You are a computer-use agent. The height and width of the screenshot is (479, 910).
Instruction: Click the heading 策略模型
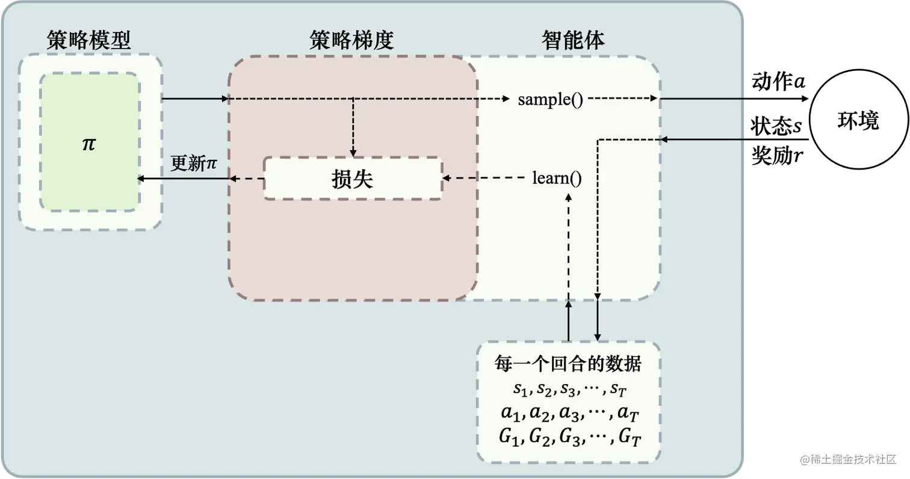(x=89, y=40)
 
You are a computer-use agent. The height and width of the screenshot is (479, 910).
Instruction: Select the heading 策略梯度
(x=351, y=40)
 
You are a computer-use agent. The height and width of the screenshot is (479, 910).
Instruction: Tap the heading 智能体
(x=573, y=40)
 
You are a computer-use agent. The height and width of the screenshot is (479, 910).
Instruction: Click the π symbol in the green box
(x=89, y=144)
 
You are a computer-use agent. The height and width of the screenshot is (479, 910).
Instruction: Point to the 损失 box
(x=353, y=178)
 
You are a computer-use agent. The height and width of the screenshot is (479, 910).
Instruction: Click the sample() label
(x=550, y=100)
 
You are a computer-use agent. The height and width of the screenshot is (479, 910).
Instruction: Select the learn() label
(x=557, y=178)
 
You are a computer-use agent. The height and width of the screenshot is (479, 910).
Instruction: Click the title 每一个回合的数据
(x=568, y=364)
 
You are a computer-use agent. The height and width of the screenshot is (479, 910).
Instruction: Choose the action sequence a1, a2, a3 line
(x=568, y=414)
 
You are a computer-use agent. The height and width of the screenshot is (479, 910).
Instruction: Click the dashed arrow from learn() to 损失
(x=487, y=178)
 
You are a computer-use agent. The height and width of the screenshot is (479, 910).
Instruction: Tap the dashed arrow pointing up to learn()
(x=569, y=246)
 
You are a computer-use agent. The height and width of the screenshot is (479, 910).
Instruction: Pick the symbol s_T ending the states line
(x=618, y=390)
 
